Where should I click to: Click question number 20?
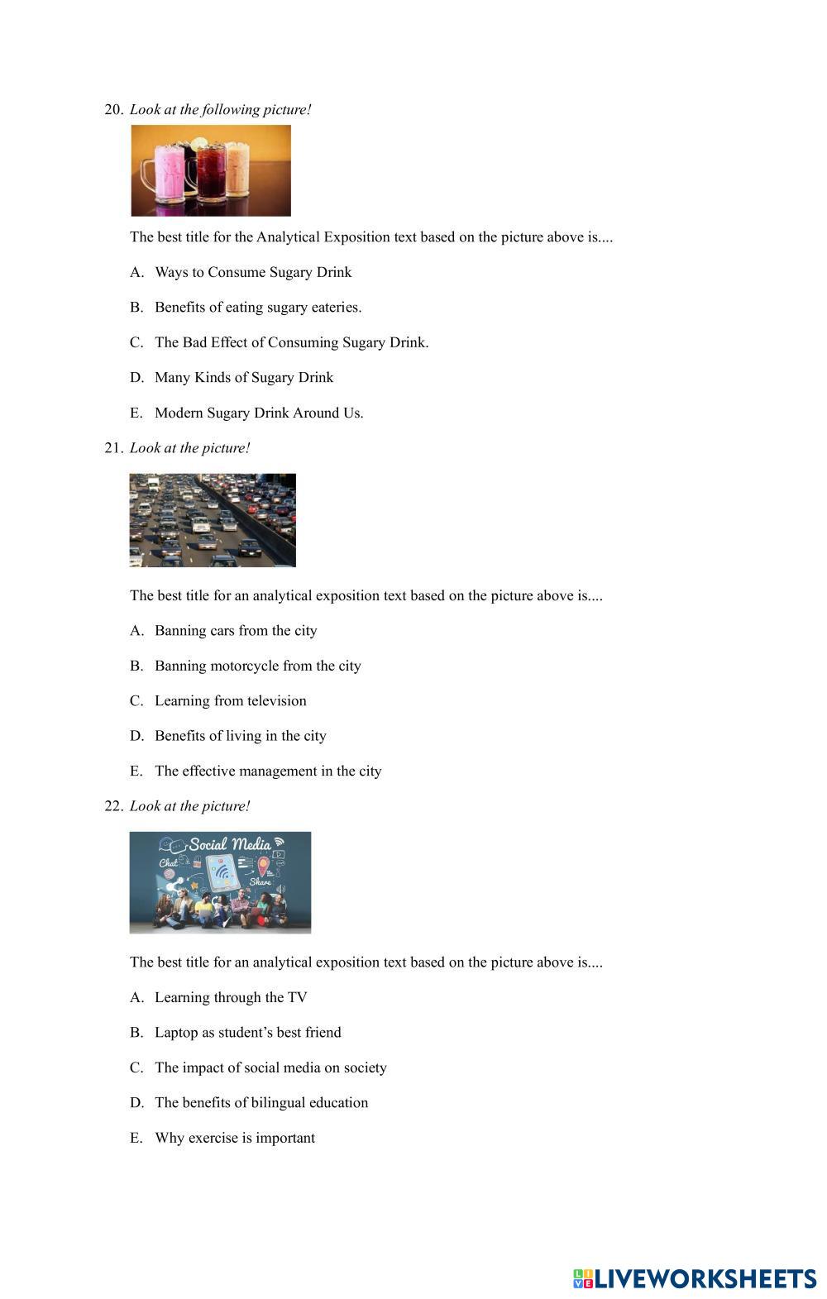(x=113, y=109)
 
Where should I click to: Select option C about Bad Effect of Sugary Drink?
(x=291, y=342)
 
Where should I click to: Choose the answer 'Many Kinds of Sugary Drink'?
(x=244, y=377)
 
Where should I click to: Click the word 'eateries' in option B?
(x=336, y=308)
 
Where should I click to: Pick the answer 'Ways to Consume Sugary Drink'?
(x=253, y=272)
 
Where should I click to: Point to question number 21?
(x=113, y=448)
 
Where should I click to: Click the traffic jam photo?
(x=213, y=520)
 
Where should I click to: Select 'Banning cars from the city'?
(x=236, y=631)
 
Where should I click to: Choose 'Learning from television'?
(x=230, y=701)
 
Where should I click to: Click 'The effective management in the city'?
(x=268, y=771)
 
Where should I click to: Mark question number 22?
(x=113, y=806)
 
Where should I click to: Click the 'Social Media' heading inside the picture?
(x=230, y=844)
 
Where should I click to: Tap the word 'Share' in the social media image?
(x=261, y=882)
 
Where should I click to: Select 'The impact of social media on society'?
(x=270, y=1067)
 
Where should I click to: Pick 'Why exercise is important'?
(x=235, y=1138)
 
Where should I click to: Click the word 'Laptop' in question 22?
(x=176, y=1033)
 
